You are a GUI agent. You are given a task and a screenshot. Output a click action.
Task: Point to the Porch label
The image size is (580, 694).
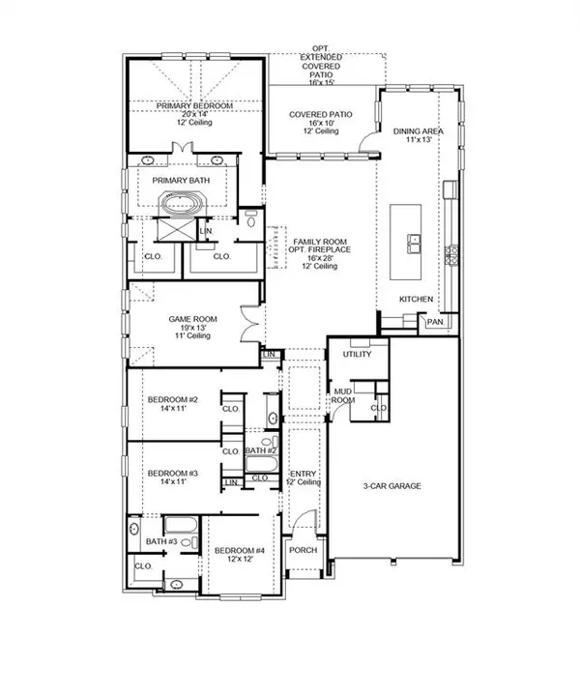pyautogui.click(x=304, y=550)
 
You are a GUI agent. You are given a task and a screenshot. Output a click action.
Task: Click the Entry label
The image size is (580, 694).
pyautogui.click(x=303, y=474)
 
